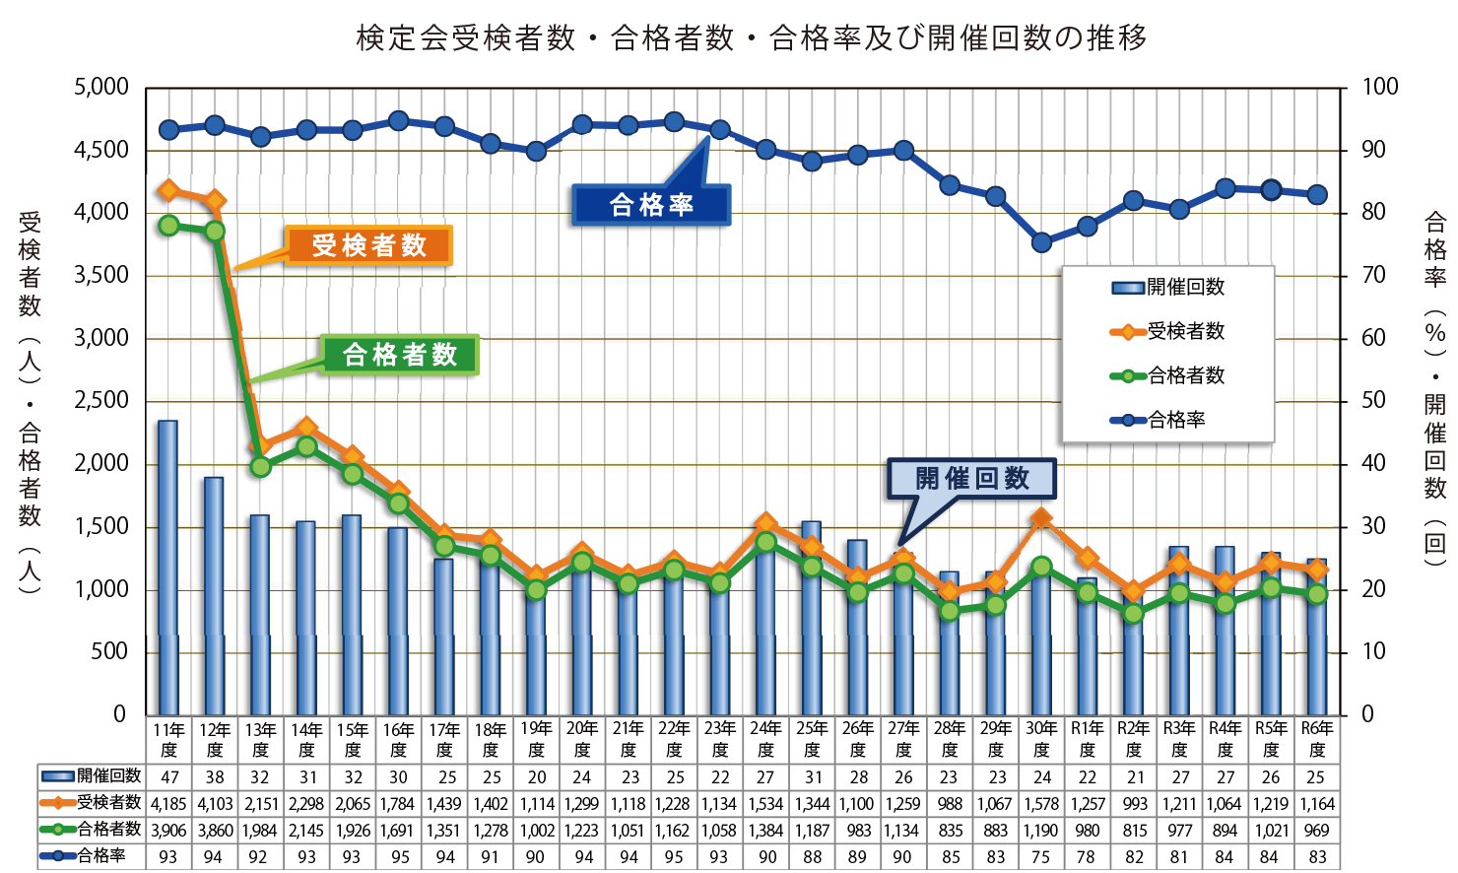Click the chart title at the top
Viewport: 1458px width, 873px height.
[751, 37]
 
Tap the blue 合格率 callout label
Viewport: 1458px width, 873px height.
[651, 205]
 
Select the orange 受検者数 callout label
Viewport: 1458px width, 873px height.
[368, 245]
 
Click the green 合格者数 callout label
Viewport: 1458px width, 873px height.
[399, 355]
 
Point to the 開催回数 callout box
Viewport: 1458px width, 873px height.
[971, 479]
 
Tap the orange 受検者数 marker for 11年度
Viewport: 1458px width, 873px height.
[168, 190]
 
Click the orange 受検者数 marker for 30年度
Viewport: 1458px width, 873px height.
[1041, 517]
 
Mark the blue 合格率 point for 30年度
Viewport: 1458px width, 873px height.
[1041, 242]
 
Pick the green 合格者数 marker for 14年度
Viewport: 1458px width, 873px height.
[306, 446]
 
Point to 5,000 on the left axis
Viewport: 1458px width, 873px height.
[101, 87]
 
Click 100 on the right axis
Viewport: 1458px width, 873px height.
[1379, 87]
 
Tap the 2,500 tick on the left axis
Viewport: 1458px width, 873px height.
[101, 401]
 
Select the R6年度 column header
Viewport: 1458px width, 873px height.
[1316, 739]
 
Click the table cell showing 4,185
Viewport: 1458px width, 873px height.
[168, 804]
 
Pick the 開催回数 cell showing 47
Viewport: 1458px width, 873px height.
[168, 777]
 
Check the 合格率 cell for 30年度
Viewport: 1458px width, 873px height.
[1041, 857]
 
